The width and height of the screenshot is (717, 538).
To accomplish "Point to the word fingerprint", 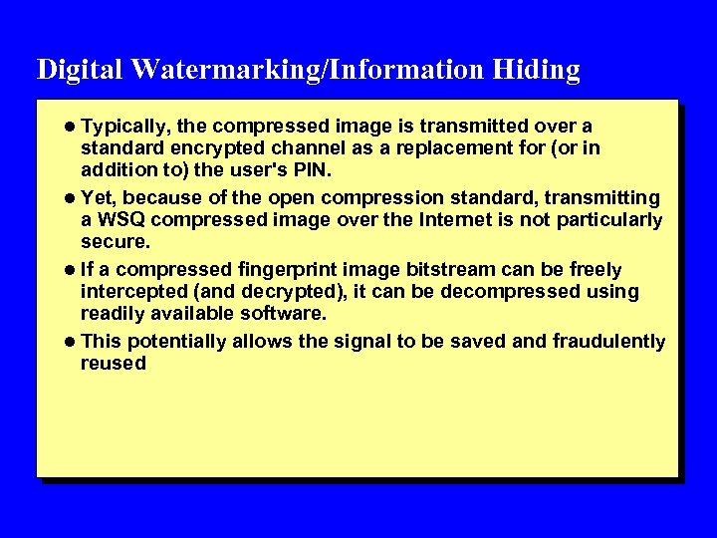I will click(x=281, y=270).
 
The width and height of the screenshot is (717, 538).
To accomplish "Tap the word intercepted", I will click(x=128, y=292).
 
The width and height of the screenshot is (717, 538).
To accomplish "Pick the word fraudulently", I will click(x=607, y=342).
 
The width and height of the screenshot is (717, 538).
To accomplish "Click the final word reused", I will click(x=113, y=364).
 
